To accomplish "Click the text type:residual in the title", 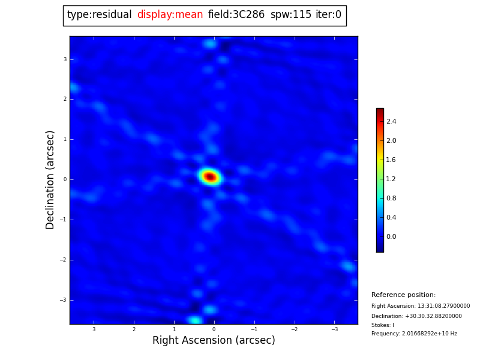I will (x=99, y=15).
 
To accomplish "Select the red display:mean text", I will (x=170, y=15).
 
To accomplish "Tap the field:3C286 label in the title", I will (x=236, y=15).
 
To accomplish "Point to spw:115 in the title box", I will (x=290, y=15).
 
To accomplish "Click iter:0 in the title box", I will (x=328, y=15).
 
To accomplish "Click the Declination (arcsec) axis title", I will (x=50, y=179).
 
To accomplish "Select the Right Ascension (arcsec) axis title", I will (x=214, y=340).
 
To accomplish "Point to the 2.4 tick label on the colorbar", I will (x=391, y=121).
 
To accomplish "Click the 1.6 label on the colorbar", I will (x=391, y=160).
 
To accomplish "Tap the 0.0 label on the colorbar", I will (x=391, y=236).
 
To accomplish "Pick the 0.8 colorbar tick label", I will (x=391, y=198).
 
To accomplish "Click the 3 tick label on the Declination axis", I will (x=65, y=59).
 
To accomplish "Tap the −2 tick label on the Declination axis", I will (x=64, y=260).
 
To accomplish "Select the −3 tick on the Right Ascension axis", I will (x=334, y=329).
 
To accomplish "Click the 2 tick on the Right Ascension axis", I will (x=134, y=329).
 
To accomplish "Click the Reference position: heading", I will (x=403, y=295).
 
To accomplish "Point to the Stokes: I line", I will (x=383, y=325).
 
